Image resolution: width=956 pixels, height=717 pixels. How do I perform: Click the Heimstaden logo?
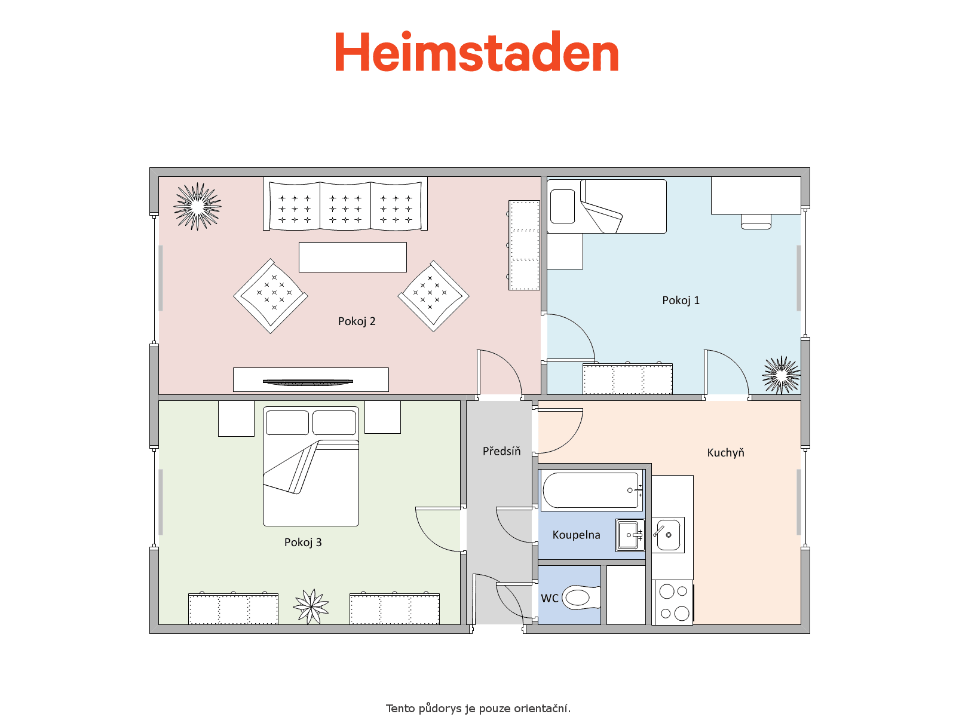click(477, 51)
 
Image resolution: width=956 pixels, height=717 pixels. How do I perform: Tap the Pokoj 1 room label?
click(681, 301)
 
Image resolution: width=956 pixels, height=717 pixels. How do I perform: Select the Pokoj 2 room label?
click(357, 321)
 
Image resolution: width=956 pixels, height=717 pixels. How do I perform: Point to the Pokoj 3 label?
click(303, 543)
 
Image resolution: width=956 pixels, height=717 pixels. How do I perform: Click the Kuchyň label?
click(725, 453)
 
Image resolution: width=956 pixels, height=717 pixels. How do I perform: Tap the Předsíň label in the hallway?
click(501, 451)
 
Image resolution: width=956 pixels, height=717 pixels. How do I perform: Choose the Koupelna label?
click(576, 535)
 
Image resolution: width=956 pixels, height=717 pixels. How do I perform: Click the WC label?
click(550, 598)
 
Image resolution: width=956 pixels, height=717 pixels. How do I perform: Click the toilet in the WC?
click(582, 597)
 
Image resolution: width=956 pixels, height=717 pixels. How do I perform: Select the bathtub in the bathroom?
click(592, 490)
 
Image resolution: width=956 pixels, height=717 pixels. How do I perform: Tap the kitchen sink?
click(668, 535)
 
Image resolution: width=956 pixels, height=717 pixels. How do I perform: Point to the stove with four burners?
click(674, 602)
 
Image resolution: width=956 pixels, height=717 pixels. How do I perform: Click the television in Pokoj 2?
click(308, 382)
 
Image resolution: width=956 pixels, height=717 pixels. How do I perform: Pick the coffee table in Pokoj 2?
click(353, 258)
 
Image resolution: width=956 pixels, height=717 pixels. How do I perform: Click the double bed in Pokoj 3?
click(311, 466)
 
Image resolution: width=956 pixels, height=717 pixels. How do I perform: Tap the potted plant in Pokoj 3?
click(311, 606)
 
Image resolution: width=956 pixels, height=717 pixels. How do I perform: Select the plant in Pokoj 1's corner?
click(782, 375)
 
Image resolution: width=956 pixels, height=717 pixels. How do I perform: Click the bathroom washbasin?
click(630, 535)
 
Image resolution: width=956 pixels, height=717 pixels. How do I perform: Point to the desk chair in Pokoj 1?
click(756, 222)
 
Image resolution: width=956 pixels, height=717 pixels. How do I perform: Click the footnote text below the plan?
click(478, 708)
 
